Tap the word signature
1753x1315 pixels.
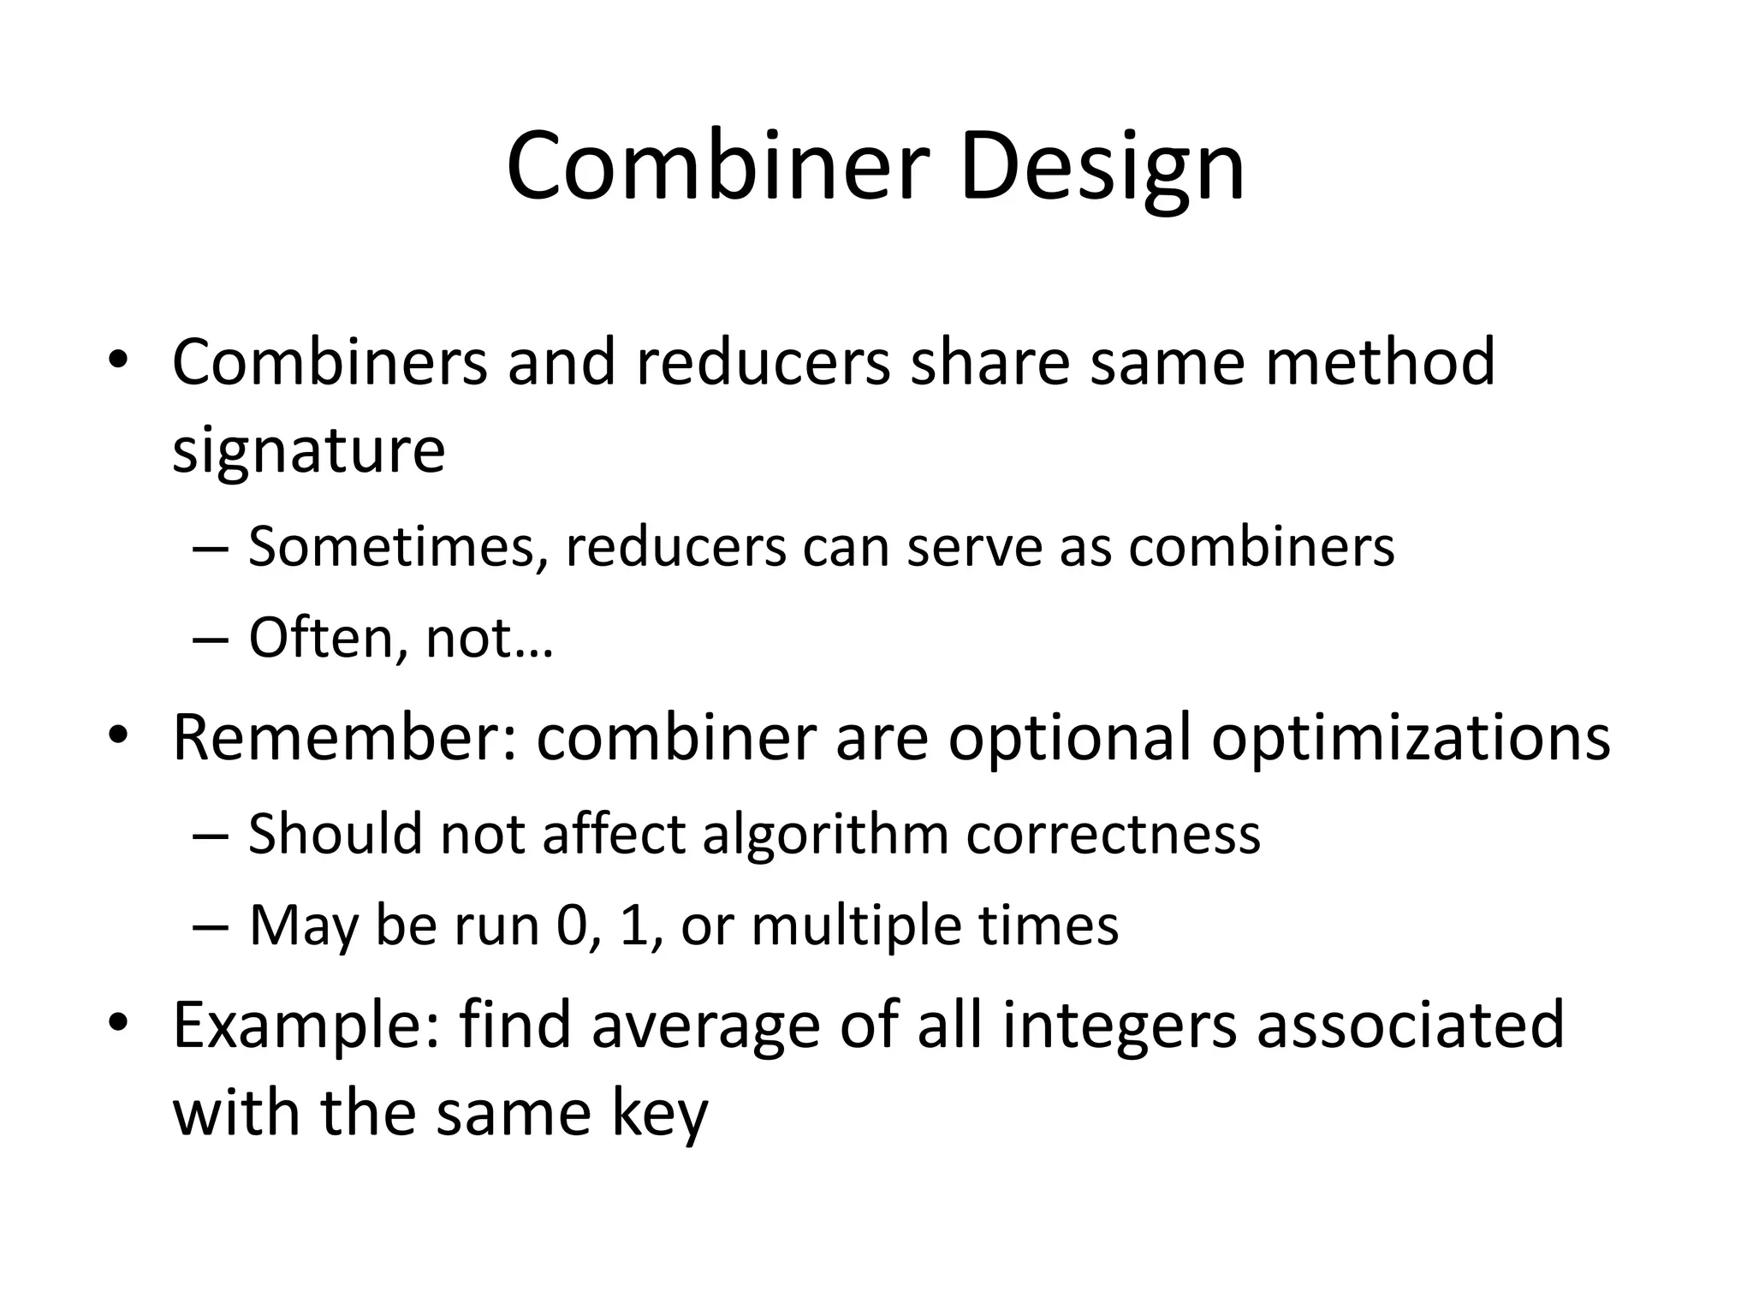point(309,450)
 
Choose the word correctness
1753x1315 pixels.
point(1113,833)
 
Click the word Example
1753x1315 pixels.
point(306,1026)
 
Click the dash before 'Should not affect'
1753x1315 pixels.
point(211,835)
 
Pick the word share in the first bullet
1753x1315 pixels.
point(989,362)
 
